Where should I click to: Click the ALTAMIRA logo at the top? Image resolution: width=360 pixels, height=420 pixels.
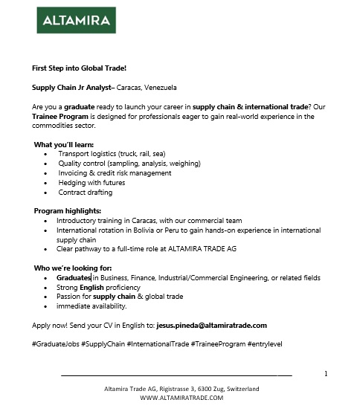click(74, 21)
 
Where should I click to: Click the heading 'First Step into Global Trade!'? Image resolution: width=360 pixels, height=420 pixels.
click(79, 68)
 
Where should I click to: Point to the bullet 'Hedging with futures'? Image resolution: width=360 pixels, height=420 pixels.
click(91, 182)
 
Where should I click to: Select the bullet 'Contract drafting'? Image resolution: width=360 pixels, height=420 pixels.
click(86, 192)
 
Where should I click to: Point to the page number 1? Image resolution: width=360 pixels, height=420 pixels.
click(327, 373)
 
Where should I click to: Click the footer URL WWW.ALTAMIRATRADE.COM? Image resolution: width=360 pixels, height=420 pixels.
click(181, 398)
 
